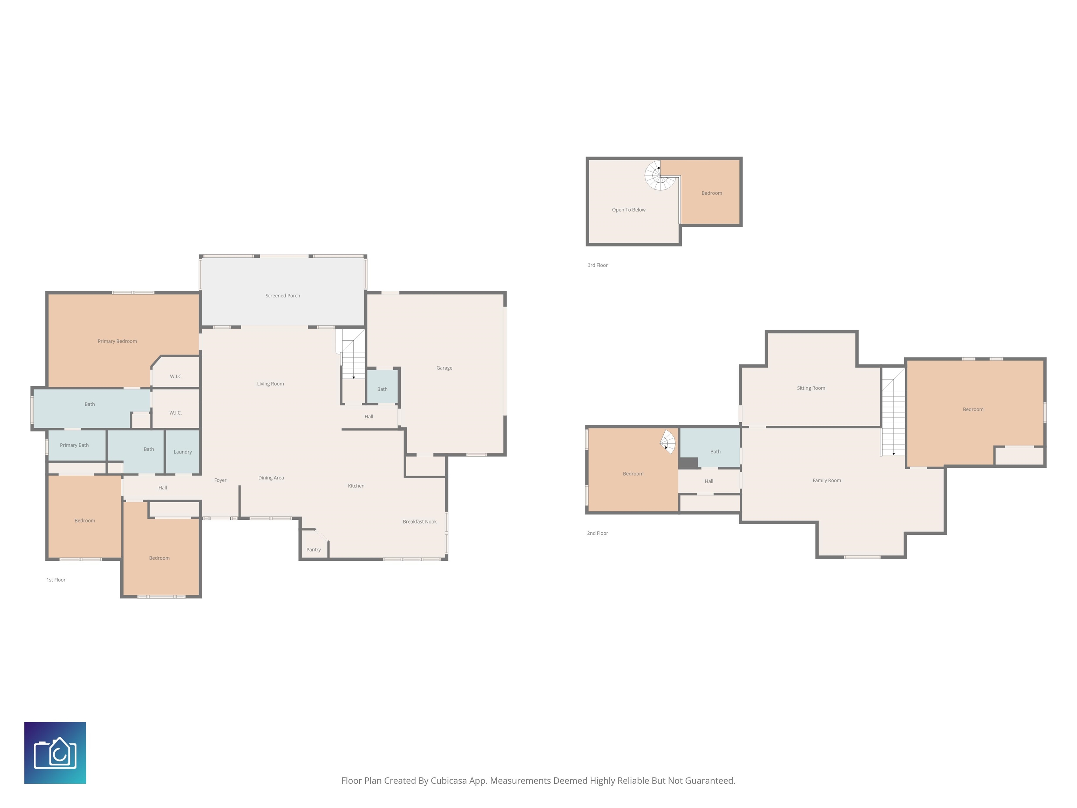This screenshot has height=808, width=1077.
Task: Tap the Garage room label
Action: click(444, 368)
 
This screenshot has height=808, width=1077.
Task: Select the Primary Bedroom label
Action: click(117, 341)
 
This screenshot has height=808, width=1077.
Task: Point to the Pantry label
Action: click(313, 550)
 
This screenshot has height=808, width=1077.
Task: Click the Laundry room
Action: click(183, 451)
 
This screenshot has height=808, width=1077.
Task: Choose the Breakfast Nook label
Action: click(420, 521)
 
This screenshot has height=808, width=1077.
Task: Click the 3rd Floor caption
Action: click(597, 265)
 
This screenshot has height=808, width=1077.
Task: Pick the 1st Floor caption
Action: click(56, 580)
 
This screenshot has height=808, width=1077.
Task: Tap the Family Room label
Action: click(826, 480)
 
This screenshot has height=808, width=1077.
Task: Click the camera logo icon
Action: click(55, 753)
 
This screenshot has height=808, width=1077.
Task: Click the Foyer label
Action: click(220, 480)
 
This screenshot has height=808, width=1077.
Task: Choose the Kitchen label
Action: click(356, 486)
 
